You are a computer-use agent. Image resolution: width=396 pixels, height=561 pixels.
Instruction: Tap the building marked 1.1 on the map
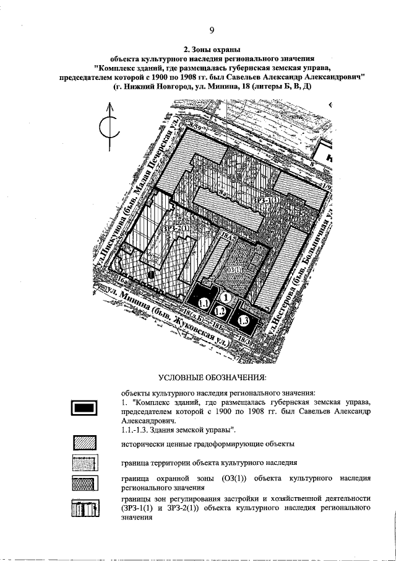point(205,303)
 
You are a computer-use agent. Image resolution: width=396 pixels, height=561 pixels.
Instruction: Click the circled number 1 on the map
point(227,298)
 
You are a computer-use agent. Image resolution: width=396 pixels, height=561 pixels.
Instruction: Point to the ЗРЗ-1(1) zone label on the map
point(265,200)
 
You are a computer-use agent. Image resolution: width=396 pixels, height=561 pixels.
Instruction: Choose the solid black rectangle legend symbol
point(84,407)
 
